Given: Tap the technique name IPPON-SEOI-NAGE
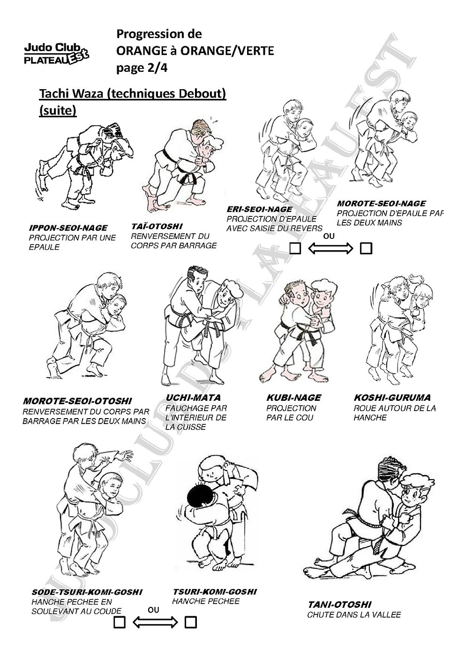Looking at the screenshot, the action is (x=68, y=228).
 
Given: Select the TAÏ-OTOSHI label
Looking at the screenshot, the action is (x=157, y=226).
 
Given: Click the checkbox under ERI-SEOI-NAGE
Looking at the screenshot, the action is (x=295, y=248).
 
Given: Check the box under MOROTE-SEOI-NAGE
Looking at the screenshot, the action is (x=366, y=248).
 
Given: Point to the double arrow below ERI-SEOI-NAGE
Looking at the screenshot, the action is (x=330, y=249).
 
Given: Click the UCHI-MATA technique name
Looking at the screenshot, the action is (x=193, y=398).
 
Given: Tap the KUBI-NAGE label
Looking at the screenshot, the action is (x=293, y=398).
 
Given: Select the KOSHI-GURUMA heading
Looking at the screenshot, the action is (x=392, y=398).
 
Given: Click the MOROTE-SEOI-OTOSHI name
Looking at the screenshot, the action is (x=77, y=401).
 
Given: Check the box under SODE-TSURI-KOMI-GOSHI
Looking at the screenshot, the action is (x=120, y=622).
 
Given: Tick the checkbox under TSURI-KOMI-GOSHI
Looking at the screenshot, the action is (x=191, y=622).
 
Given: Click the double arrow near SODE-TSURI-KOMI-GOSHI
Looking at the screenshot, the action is (x=155, y=622).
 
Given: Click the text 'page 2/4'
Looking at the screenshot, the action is (x=142, y=68).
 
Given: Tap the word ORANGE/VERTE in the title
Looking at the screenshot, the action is (x=227, y=51).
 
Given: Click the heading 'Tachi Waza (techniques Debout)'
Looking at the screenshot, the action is (x=133, y=94).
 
